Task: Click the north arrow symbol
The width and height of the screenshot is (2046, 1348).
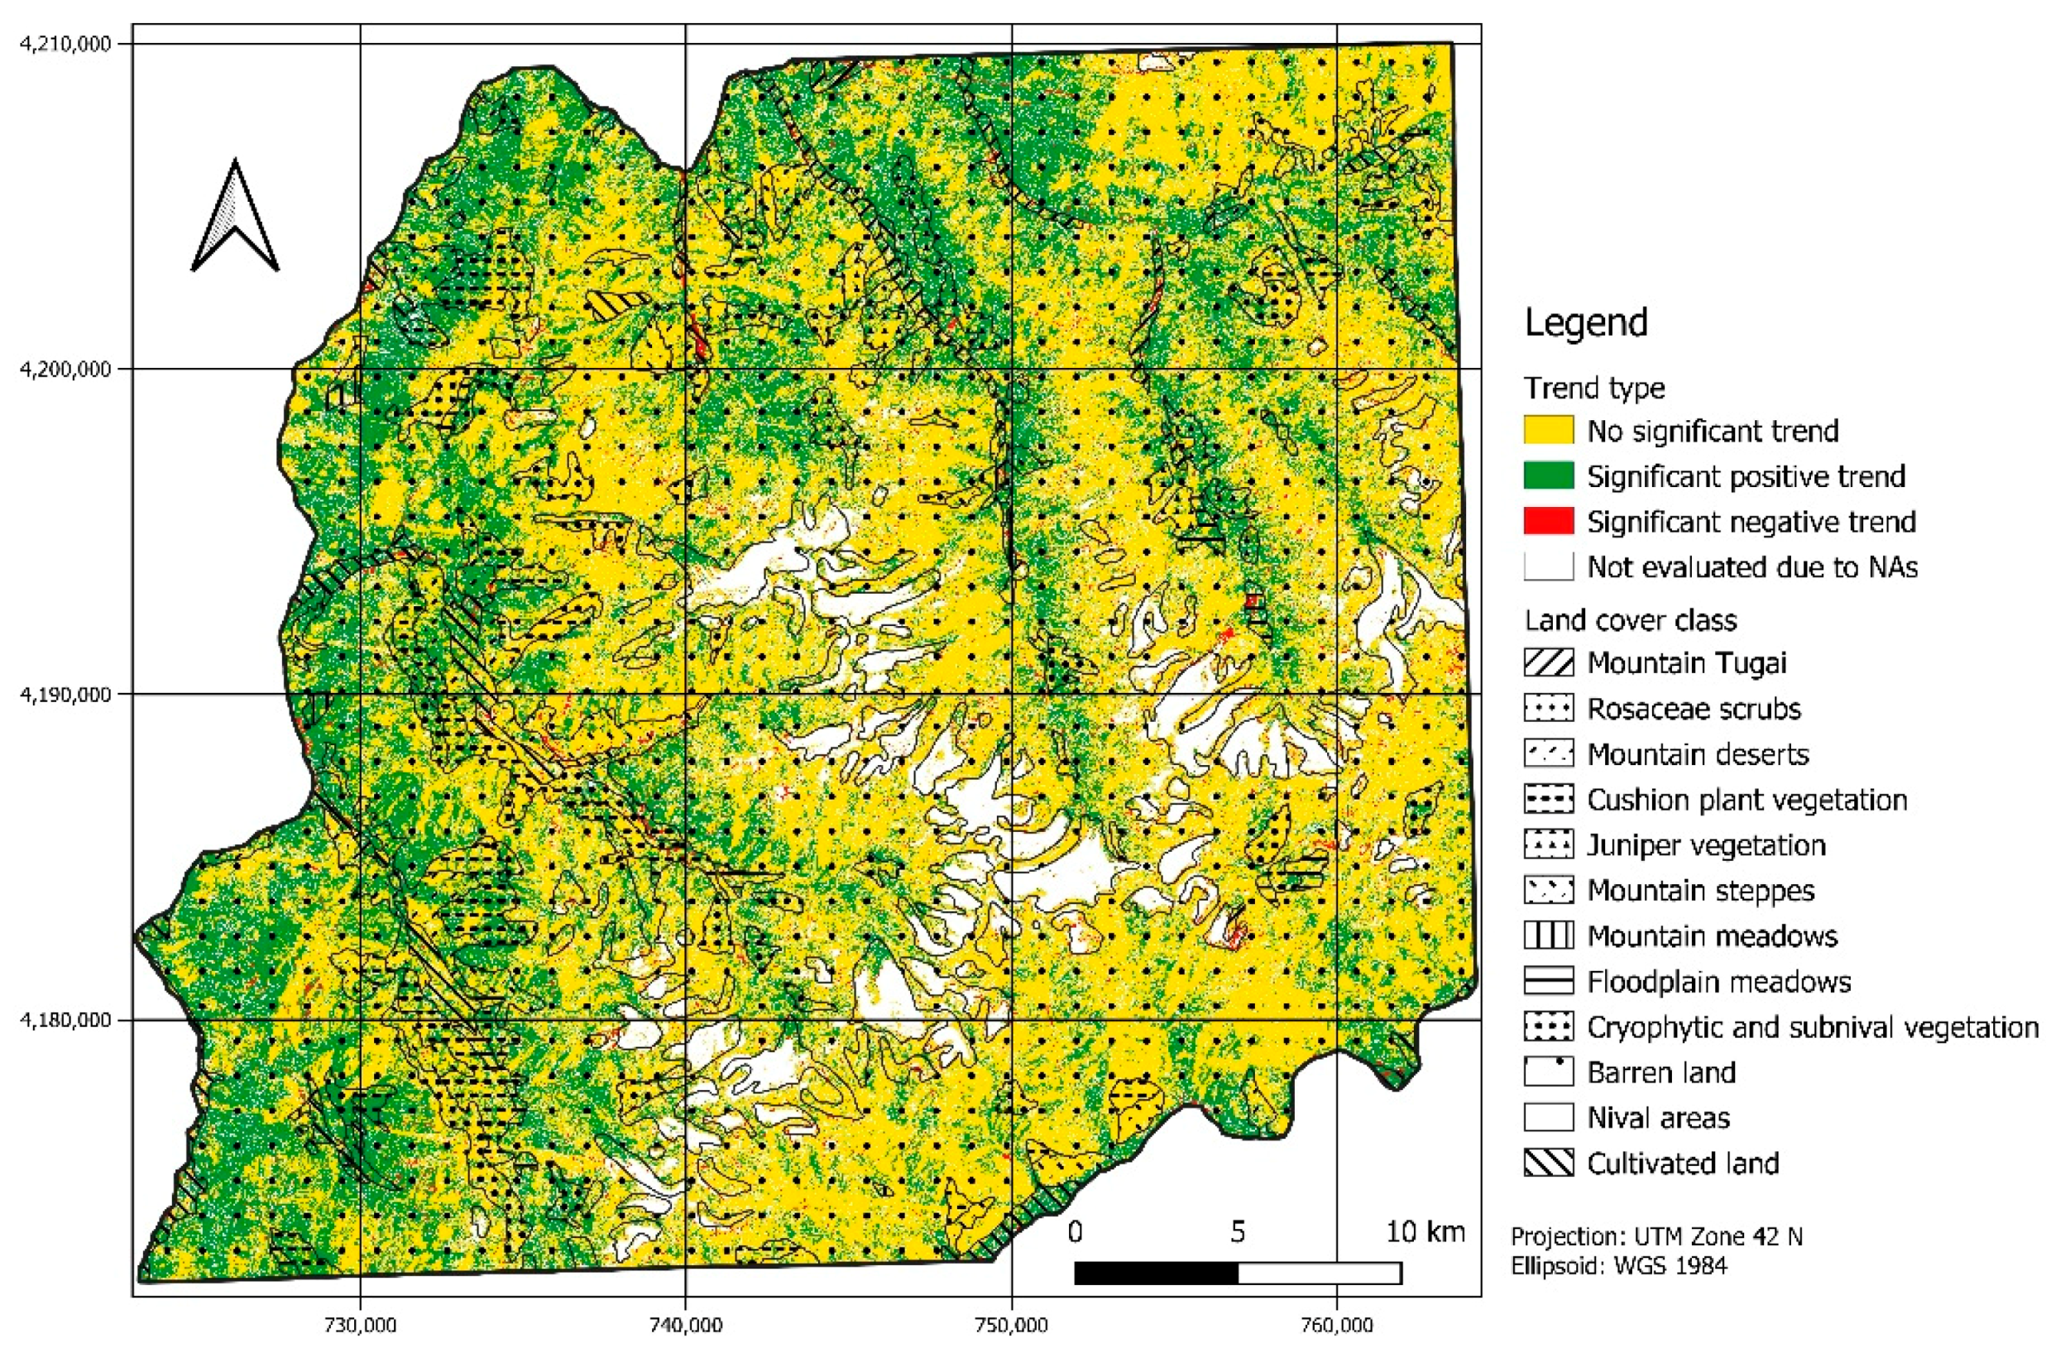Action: [x=235, y=219]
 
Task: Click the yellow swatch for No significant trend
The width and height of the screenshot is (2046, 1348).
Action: [x=1548, y=430]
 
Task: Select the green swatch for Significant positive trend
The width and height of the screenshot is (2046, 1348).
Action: [x=1548, y=476]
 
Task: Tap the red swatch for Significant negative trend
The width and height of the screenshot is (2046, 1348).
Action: [x=1548, y=521]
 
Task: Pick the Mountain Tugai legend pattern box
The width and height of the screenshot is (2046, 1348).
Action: [x=1548, y=662]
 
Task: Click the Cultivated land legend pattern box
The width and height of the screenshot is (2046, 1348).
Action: [x=1548, y=1163]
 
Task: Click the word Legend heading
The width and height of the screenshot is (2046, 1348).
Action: [x=1586, y=323]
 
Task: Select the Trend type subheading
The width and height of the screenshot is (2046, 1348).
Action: [x=1594, y=389]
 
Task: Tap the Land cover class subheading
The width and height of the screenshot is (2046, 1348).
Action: [x=1630, y=620]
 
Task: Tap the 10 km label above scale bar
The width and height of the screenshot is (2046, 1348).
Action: [x=1424, y=1232]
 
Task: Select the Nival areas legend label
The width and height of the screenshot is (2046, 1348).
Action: [x=1658, y=1117]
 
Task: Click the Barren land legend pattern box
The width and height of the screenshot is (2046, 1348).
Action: [x=1548, y=1072]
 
